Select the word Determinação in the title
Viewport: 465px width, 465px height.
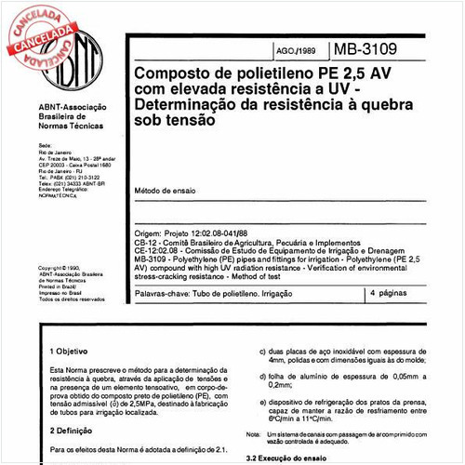pyautogui.click(x=183, y=104)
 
